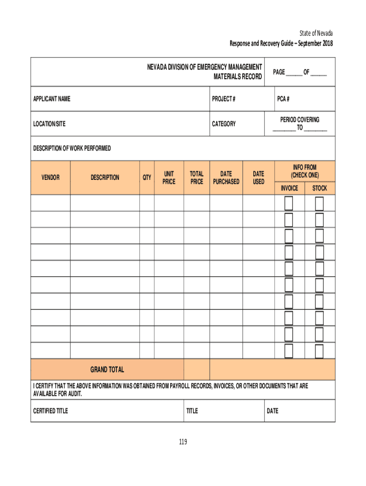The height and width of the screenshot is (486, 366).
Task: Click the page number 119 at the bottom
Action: tap(183, 442)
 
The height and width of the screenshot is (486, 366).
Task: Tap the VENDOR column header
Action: tap(50, 178)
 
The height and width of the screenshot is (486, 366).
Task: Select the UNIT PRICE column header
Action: tap(169, 178)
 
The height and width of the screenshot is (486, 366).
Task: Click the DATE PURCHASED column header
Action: tap(226, 178)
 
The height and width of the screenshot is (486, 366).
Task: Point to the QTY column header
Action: tap(147, 178)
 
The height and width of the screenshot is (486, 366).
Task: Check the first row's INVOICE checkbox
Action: tap(289, 204)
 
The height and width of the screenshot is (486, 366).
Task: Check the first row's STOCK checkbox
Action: tap(319, 204)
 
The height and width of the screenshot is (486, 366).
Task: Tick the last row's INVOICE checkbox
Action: tap(289, 351)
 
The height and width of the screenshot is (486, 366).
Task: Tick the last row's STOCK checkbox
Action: tap(319, 351)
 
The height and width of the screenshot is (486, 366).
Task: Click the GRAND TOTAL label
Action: tap(107, 370)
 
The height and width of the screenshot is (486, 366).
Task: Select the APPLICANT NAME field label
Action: tap(52, 99)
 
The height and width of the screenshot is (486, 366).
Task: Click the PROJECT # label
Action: tap(224, 99)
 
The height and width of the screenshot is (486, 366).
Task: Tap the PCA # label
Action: tap(283, 99)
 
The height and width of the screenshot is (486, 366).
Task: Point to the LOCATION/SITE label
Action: tap(49, 124)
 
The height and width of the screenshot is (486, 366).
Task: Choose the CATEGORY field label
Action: tap(224, 124)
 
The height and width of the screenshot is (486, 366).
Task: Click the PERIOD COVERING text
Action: tap(299, 120)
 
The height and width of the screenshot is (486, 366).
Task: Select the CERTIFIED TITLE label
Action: tap(50, 411)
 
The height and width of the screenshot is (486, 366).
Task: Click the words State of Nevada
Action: tap(316, 33)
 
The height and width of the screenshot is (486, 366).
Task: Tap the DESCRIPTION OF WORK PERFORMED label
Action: tap(72, 149)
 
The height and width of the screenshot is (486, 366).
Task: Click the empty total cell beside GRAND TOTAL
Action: tap(196, 370)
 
